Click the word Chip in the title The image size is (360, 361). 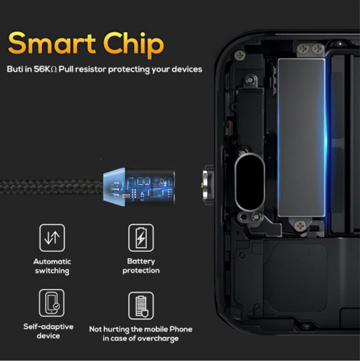tap(133, 46)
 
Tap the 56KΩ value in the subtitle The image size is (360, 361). tap(45, 69)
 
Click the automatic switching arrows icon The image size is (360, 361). tap(52, 238)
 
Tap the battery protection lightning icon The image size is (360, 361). tap(141, 238)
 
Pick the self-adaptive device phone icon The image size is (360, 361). tap(51, 303)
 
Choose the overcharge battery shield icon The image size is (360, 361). tap(141, 305)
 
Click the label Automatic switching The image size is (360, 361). tap(52, 266)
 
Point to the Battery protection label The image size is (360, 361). tap(141, 266)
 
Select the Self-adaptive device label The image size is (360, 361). tap(48, 331)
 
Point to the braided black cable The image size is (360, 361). tap(51, 187)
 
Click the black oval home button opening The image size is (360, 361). tap(250, 182)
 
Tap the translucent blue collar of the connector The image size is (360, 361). tap(114, 187)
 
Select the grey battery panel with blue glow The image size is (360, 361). tap(302, 138)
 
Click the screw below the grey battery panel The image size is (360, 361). tap(301, 225)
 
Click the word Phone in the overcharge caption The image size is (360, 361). tap(181, 329)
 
